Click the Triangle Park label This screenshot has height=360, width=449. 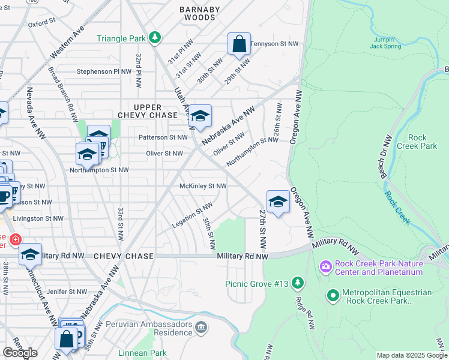[121, 38]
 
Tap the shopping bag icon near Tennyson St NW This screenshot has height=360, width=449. [239, 44]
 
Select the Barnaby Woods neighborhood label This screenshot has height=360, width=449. [200, 13]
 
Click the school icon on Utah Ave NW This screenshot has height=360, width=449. [200, 116]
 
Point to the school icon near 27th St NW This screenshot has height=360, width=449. [278, 202]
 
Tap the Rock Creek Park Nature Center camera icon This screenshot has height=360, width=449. [325, 265]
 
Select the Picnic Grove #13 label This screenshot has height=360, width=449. [258, 284]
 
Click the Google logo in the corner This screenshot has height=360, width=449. [20, 353]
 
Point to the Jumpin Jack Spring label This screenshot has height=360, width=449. [390, 42]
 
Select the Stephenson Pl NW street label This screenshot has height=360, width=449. [104, 71]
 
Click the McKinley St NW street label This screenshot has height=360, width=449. [203, 186]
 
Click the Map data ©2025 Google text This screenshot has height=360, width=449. [411, 355]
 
